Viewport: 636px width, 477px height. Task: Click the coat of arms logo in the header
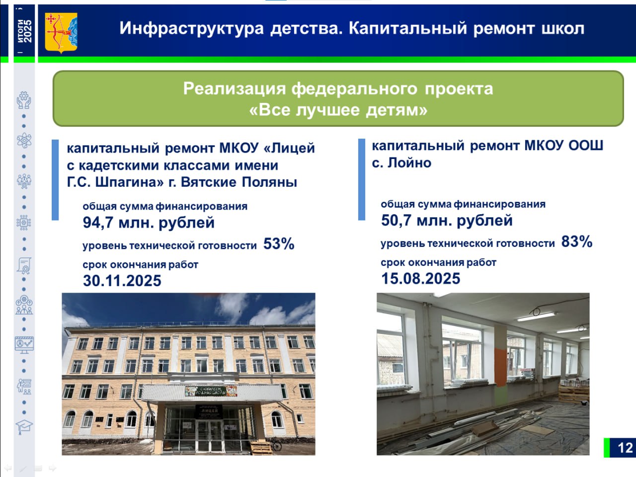pyautogui.click(x=61, y=33)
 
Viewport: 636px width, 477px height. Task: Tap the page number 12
pyautogui.click(x=625, y=448)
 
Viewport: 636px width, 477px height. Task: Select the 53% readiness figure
pyautogui.click(x=279, y=243)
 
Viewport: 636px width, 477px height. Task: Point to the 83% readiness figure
pyautogui.click(x=576, y=241)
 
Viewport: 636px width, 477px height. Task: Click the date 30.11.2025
pyautogui.click(x=122, y=281)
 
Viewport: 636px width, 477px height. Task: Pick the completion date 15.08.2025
pyautogui.click(x=420, y=279)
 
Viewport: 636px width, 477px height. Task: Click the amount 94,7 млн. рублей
pyautogui.click(x=149, y=223)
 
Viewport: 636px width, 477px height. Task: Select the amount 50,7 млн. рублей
pyautogui.click(x=447, y=221)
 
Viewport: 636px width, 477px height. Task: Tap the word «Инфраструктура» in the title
pyautogui.click(x=191, y=29)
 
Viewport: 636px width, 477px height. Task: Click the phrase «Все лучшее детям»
pyautogui.click(x=338, y=110)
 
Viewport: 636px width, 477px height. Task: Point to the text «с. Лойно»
pyautogui.click(x=401, y=163)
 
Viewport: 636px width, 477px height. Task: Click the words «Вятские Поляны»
pyautogui.click(x=239, y=182)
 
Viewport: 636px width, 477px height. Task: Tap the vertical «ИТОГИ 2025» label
pyautogui.click(x=24, y=31)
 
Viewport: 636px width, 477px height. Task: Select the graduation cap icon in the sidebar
pyautogui.click(x=24, y=426)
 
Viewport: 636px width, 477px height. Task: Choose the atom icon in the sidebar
pyautogui.click(x=24, y=141)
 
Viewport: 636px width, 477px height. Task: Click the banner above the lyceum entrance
pyautogui.click(x=211, y=391)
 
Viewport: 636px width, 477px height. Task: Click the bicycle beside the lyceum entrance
pyautogui.click(x=276, y=444)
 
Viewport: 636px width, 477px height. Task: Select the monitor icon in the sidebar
pyautogui.click(x=24, y=345)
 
